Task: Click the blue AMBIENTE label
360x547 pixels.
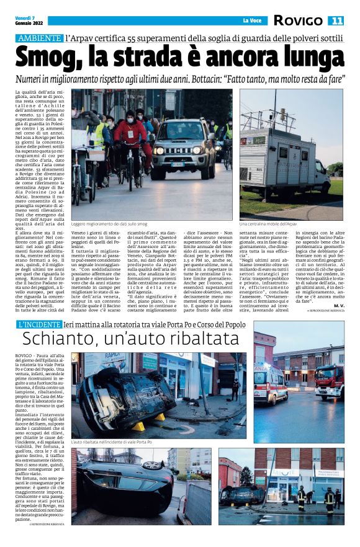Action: (38, 38)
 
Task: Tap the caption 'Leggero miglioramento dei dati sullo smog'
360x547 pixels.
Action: (111, 224)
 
